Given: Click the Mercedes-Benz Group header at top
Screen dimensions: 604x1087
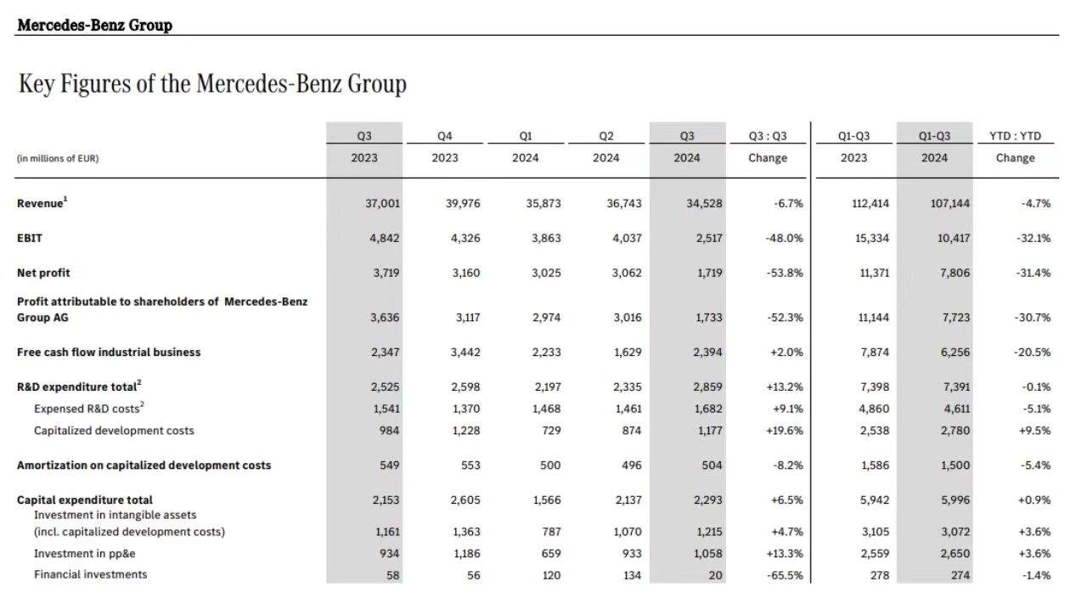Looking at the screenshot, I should click(x=94, y=25).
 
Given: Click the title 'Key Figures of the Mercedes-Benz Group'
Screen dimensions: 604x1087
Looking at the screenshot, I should click(x=212, y=84).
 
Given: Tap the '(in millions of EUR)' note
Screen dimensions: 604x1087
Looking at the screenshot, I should click(x=58, y=158).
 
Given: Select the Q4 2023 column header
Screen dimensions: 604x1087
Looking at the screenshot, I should click(x=444, y=147).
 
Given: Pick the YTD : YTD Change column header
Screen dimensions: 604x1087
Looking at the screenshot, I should click(x=1015, y=147).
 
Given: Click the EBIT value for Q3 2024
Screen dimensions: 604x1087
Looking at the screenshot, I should click(x=707, y=238).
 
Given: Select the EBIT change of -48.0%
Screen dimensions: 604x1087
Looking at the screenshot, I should click(x=784, y=238).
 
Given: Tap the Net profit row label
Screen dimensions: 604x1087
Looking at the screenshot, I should click(x=43, y=273).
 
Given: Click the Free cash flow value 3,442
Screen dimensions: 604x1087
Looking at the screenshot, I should click(x=464, y=352).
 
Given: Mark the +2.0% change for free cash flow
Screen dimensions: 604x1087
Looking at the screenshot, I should click(x=786, y=352).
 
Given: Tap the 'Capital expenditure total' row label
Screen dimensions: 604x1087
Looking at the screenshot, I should click(x=85, y=500).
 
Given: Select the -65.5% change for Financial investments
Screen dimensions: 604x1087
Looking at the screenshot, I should click(x=785, y=575).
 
